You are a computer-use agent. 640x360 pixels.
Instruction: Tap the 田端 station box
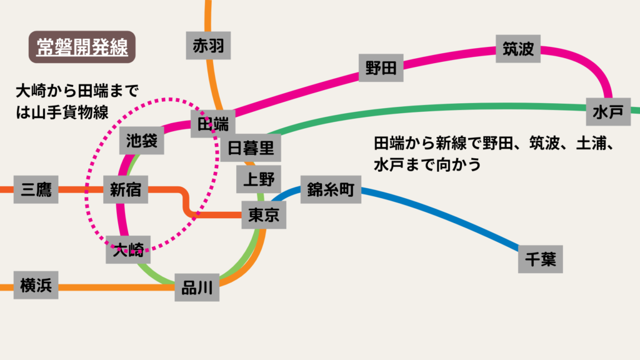213,123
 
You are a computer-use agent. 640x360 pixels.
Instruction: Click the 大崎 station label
128,251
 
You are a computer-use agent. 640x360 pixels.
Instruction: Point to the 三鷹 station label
36,189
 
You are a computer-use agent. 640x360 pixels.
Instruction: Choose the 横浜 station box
36,286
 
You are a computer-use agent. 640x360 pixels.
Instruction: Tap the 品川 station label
197,288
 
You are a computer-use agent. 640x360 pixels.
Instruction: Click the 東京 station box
264,215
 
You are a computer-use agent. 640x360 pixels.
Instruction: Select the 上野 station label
259,180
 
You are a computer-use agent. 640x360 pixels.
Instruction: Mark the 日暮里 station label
251,148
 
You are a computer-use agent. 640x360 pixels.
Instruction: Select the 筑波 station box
518,49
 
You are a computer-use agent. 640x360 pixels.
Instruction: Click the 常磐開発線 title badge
82,47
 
